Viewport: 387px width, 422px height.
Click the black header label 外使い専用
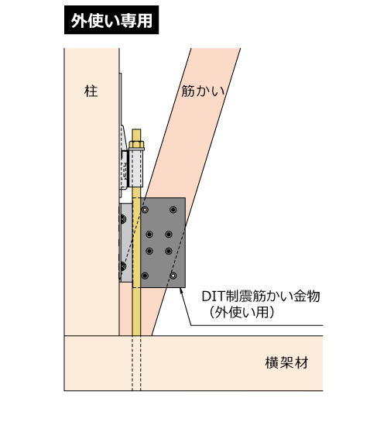pyautogui.click(x=111, y=20)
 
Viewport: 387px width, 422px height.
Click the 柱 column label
pyautogui.click(x=91, y=91)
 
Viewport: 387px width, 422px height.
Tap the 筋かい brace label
pyautogui.click(x=203, y=91)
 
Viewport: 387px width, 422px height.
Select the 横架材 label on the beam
pyautogui.click(x=286, y=362)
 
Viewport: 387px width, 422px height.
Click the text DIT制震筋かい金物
pyautogui.click(x=261, y=296)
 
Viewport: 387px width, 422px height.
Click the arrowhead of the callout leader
pyautogui.click(x=181, y=290)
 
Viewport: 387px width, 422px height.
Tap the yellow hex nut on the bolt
pyautogui.click(x=137, y=145)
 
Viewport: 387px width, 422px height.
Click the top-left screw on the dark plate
pyautogui.click(x=146, y=209)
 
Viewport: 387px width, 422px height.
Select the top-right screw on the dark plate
pyautogui.click(x=173, y=209)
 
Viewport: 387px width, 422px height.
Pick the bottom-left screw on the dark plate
pyautogui.click(x=145, y=276)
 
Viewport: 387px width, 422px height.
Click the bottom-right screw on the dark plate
pyautogui.click(x=173, y=276)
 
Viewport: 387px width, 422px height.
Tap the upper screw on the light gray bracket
pyautogui.click(x=123, y=219)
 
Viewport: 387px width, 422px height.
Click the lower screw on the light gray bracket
pyautogui.click(x=123, y=266)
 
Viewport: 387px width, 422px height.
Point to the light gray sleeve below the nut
pyautogui.click(x=136, y=168)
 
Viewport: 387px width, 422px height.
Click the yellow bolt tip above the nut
pyautogui.click(x=136, y=135)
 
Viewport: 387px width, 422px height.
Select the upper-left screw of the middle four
pyautogui.click(x=149, y=234)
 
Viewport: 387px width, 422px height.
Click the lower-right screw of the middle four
pyautogui.click(x=169, y=251)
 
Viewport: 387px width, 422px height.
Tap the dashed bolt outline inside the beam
pyautogui.click(x=136, y=363)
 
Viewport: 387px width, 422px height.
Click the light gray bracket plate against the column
pyautogui.click(x=126, y=243)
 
